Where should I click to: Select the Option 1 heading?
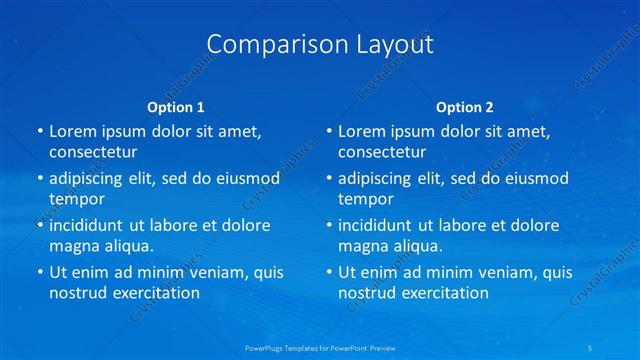click(176, 107)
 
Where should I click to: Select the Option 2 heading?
click(465, 107)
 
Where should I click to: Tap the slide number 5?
click(592, 347)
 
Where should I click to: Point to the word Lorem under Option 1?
click(71, 131)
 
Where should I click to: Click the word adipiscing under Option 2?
click(378, 179)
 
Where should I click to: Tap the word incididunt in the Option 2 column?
click(378, 225)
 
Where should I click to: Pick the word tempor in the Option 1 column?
click(77, 199)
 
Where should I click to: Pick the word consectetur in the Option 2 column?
click(382, 153)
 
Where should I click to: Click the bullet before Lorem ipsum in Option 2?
click(327, 131)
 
